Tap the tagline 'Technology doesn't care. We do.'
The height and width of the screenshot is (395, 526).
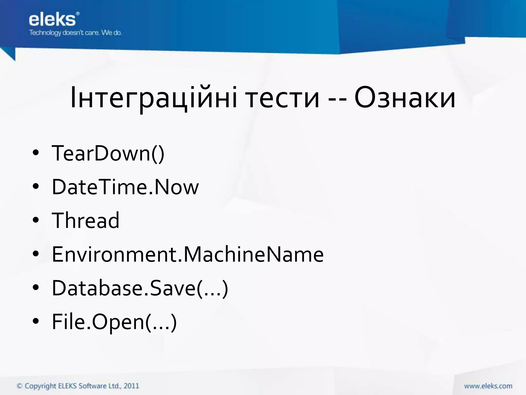[75, 33]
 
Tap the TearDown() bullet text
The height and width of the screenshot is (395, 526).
[108, 153]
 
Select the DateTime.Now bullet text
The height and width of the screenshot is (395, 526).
[125, 187]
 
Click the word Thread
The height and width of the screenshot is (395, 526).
[86, 220]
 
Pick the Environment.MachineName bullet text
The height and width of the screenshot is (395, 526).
[188, 254]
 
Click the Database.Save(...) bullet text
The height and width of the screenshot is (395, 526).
[140, 288]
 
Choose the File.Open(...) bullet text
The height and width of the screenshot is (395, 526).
[114, 322]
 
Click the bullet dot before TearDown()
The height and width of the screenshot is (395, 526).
[36, 153]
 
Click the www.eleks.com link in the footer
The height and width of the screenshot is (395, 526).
[488, 386]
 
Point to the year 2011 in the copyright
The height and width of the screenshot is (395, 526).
[131, 386]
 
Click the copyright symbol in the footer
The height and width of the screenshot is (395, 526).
[20, 386]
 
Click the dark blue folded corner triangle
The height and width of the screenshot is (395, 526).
[9, 53]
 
